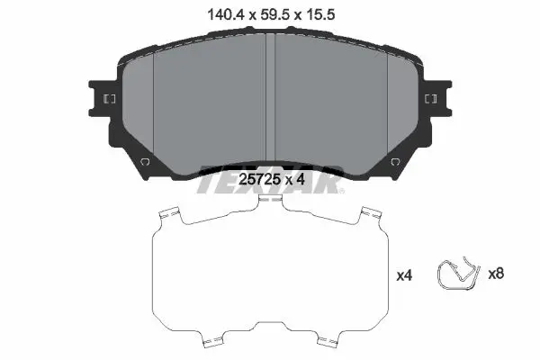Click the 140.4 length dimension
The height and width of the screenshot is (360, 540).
[226, 14]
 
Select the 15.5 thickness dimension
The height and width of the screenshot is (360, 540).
[319, 14]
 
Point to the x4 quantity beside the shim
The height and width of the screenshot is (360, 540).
[404, 275]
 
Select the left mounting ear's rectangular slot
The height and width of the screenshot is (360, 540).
[110, 99]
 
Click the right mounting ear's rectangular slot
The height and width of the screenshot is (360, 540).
[431, 99]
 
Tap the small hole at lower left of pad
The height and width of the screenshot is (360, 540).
[145, 162]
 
